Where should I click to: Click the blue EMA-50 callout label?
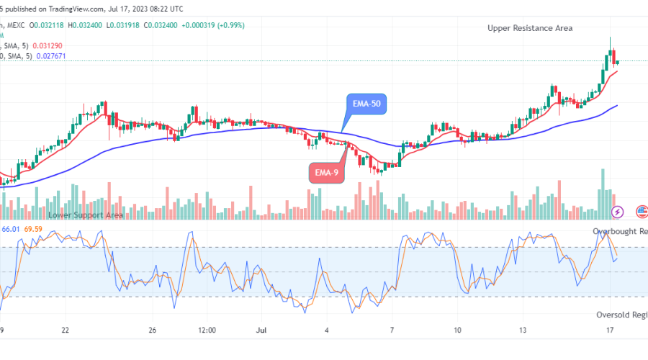click(367, 104)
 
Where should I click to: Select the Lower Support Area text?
click(85, 215)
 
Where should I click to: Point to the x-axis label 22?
click(66, 330)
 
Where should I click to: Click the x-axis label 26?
click(152, 330)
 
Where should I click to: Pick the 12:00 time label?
click(207, 330)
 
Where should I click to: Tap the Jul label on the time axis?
click(261, 330)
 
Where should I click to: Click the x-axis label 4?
click(327, 330)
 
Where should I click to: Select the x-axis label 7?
click(393, 330)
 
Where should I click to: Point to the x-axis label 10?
click(458, 330)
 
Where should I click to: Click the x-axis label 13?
click(523, 330)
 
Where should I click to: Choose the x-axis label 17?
click(610, 330)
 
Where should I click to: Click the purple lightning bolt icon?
click(617, 212)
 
